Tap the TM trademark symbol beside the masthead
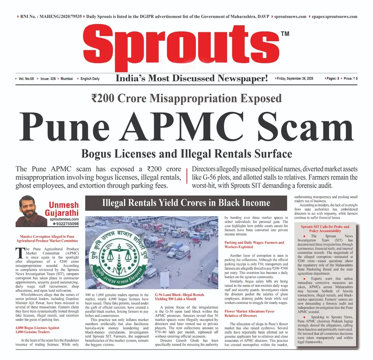pos(285,34)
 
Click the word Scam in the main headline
pos(306,127)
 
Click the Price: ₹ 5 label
pos(351,79)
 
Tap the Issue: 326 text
pos(48,79)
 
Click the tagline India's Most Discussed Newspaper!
pos(191,78)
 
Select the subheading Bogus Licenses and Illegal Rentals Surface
pos(186,154)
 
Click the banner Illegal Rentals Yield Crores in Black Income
pos(186,203)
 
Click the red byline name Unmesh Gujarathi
pos(62,209)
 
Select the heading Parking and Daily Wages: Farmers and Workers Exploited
pos(254,245)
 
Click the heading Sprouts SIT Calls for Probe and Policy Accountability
pos(325,229)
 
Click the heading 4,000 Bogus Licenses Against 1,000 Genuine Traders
pos(37,330)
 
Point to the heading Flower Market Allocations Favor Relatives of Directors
pos(250,313)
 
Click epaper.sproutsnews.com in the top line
pos(334,16)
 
